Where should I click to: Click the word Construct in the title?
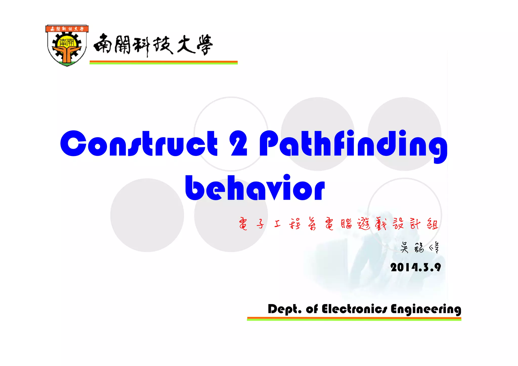tap(139, 143)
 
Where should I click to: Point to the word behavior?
tap(255, 188)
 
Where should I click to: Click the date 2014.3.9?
tap(416, 267)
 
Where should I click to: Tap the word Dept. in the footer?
tap(285, 309)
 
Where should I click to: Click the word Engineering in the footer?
tap(426, 309)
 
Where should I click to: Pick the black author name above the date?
tap(420, 247)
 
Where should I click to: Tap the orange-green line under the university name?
tap(163, 62)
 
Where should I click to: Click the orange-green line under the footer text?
tap(354, 319)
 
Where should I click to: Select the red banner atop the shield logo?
tap(67, 29)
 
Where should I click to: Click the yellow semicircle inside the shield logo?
tap(67, 42)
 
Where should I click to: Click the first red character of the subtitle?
tap(243, 224)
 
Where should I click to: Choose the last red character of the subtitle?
tap(432, 224)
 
